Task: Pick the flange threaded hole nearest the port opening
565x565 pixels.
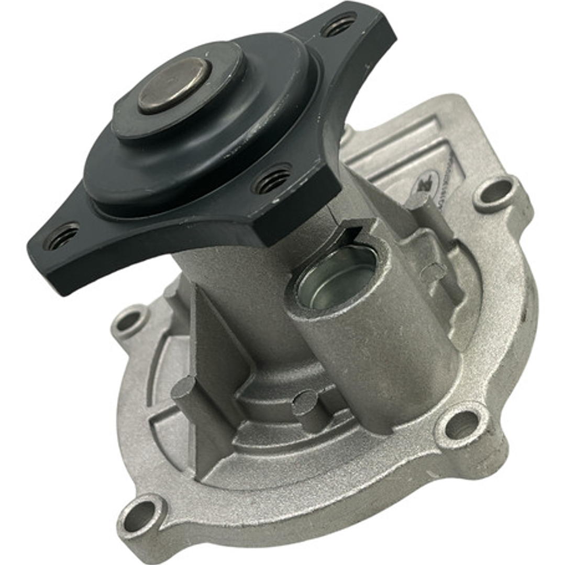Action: pyautogui.click(x=272, y=179)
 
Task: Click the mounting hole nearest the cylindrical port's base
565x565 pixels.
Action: pyautogui.click(x=461, y=424)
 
